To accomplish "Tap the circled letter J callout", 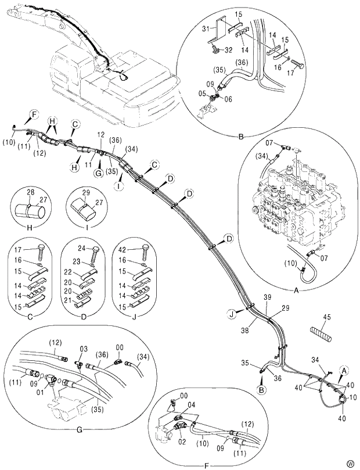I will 231,314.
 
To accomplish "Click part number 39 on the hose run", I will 268,297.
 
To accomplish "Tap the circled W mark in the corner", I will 350,463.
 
